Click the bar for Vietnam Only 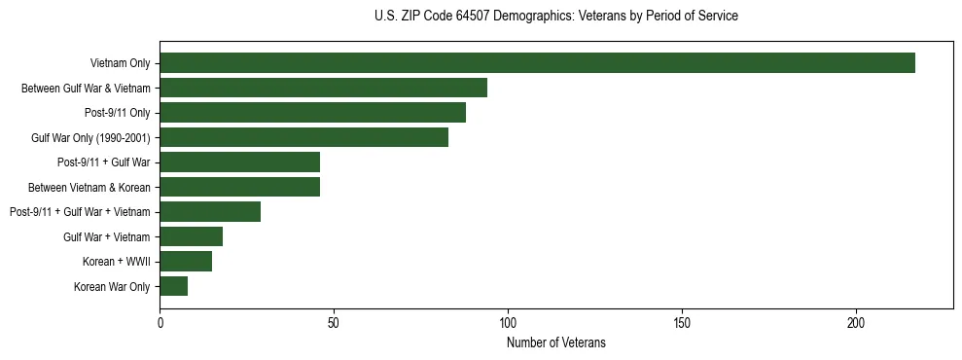(537, 63)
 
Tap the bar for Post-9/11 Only (312, 113)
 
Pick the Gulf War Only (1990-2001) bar (303, 137)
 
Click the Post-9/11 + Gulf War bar (239, 162)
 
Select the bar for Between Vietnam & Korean (239, 187)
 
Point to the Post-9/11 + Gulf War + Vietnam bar (210, 212)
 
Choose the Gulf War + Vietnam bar (191, 236)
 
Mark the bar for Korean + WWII (186, 262)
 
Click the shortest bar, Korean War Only (173, 286)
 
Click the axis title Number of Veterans (556, 342)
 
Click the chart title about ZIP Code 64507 (556, 17)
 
